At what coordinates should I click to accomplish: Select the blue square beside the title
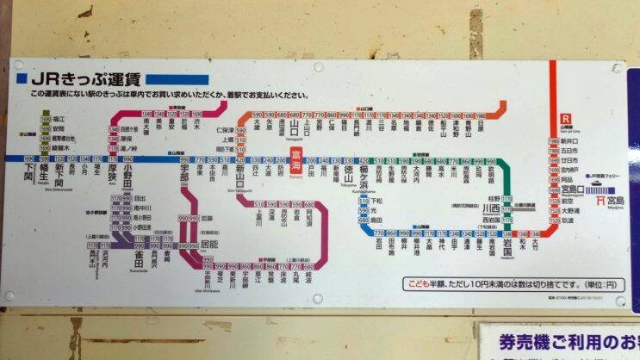click(x=22, y=78)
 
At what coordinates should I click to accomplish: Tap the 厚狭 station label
click(x=113, y=175)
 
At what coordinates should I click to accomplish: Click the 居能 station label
click(x=208, y=247)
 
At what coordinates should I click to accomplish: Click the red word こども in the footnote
click(x=419, y=282)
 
